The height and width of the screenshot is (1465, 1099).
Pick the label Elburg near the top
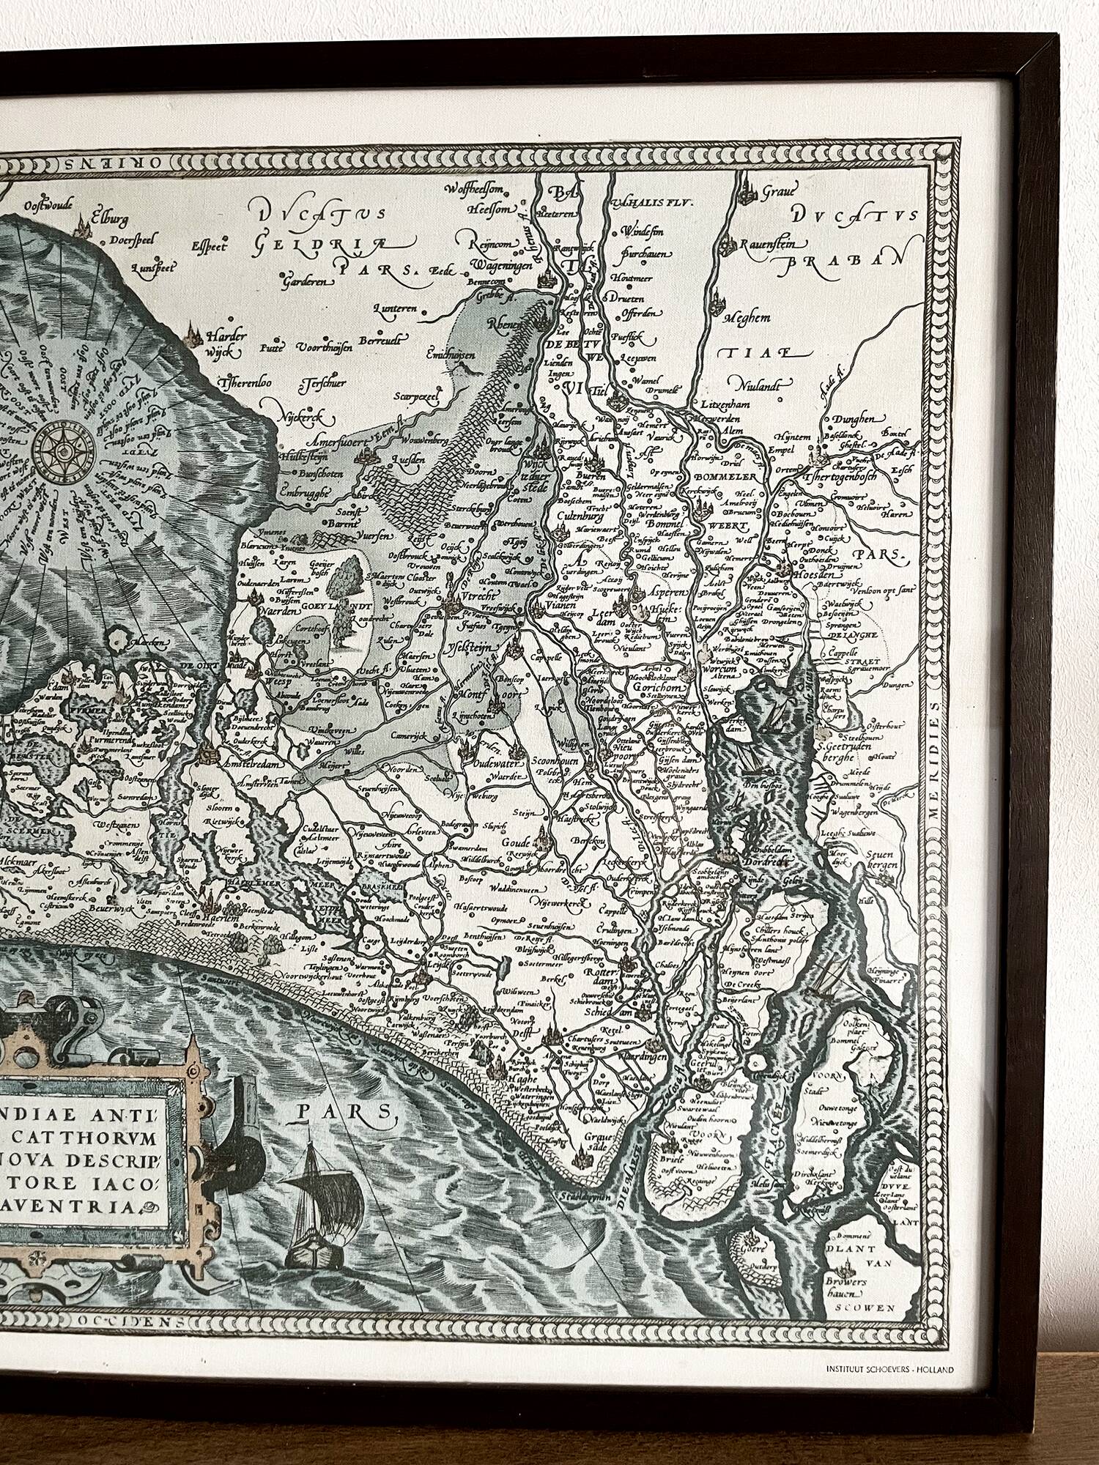pos(109,218)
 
